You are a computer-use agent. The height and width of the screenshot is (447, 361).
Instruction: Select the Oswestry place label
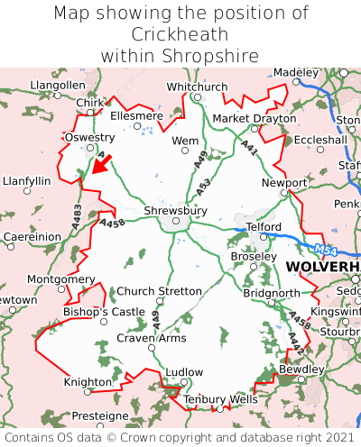point(82,137)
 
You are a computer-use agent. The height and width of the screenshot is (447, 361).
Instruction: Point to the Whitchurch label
point(197,87)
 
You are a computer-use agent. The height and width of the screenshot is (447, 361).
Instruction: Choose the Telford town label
point(264,226)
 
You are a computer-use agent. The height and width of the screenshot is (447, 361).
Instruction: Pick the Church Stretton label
point(160,291)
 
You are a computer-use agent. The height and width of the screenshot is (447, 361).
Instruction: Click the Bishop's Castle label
point(103,312)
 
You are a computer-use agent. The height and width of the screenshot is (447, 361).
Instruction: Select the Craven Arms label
point(152,338)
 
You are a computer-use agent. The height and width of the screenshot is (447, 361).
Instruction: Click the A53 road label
point(205,189)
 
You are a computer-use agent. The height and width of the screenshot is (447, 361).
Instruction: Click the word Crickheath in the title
point(180,34)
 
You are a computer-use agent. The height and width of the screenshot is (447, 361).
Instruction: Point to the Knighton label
point(88,382)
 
